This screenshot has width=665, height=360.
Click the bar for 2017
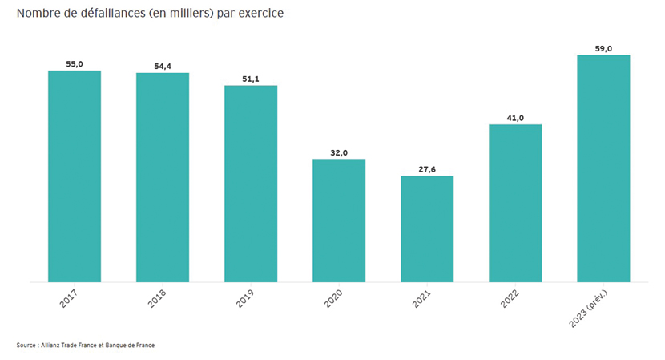(x=75, y=176)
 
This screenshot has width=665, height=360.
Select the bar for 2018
(x=163, y=177)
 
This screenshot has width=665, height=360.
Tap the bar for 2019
(x=251, y=184)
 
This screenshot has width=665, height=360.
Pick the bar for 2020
(x=339, y=220)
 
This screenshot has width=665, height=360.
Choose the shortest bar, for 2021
(x=427, y=229)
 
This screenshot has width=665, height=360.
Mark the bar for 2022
(x=515, y=203)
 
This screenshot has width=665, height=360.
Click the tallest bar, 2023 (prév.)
(x=603, y=168)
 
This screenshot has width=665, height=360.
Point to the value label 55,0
(x=75, y=63)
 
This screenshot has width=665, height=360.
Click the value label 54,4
(x=163, y=66)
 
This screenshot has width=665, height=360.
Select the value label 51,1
(x=251, y=79)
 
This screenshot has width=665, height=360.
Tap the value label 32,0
(x=339, y=152)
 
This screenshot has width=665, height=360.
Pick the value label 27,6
(x=427, y=168)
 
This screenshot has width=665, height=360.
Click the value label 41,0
(x=515, y=117)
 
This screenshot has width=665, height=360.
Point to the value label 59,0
(x=603, y=48)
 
